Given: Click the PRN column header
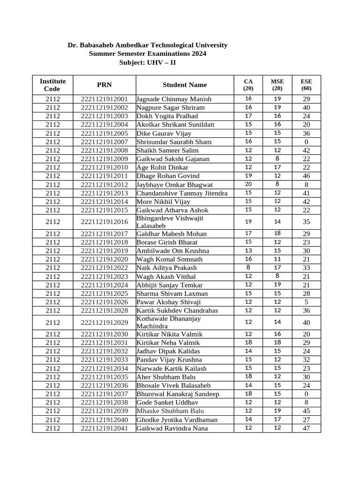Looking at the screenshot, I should (x=104, y=85).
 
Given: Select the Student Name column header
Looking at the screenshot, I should (x=185, y=85).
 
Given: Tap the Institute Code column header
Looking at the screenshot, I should (x=52, y=85).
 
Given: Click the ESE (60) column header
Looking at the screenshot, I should (x=306, y=85).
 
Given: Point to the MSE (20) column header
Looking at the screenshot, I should (x=277, y=85).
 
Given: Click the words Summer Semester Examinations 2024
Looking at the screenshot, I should (x=147, y=54).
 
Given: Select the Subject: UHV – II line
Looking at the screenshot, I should (x=147, y=63).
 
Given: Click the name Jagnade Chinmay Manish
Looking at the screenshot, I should (x=173, y=99).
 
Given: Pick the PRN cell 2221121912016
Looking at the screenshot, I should (x=104, y=222).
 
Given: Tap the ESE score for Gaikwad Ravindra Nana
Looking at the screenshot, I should (x=306, y=428).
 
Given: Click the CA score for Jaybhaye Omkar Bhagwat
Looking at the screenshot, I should (x=248, y=184).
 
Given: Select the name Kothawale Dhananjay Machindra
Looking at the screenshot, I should (x=168, y=322).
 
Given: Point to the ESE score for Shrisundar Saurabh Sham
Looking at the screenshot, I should (x=306, y=142).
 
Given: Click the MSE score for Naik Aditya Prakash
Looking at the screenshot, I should (x=277, y=268).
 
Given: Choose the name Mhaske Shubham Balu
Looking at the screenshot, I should (x=166, y=411).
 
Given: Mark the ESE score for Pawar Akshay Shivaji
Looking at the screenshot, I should (x=306, y=302).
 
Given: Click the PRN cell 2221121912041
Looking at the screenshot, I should (x=104, y=428).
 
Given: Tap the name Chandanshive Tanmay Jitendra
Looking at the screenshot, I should (x=182, y=193).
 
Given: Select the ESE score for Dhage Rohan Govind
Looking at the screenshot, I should (x=306, y=176).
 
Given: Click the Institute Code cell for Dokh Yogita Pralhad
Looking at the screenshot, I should (x=52, y=116).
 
